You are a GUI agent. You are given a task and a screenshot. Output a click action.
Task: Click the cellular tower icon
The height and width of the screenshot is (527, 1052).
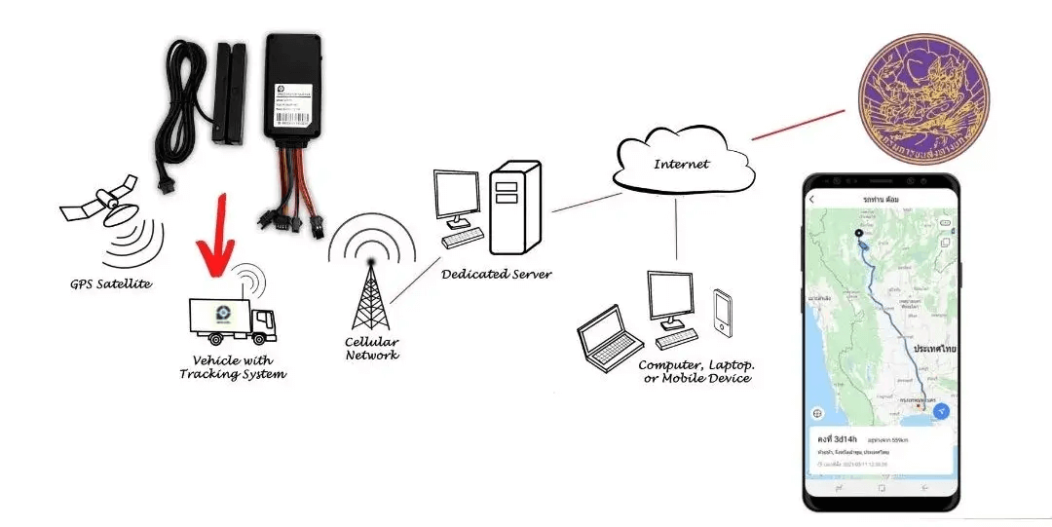click(x=371, y=292)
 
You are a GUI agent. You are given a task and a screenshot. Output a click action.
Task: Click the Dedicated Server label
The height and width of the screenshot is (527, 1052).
click(x=496, y=274)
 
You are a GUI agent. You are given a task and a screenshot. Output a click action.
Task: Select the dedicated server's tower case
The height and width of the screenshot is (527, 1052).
click(x=515, y=207)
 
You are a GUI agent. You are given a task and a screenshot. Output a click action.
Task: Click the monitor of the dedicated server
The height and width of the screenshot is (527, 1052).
click(x=456, y=199)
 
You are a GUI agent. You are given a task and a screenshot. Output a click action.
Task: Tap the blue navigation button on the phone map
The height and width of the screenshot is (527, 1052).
click(x=941, y=411)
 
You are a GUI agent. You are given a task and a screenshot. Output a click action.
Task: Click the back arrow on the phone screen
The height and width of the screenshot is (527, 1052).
click(x=812, y=200)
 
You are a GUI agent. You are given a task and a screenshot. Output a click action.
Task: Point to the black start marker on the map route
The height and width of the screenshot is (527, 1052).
click(x=858, y=234)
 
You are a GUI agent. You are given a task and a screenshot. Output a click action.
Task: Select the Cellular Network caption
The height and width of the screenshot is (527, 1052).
click(x=372, y=349)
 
